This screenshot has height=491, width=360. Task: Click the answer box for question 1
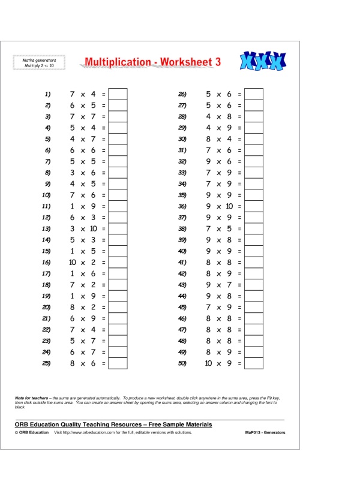118,94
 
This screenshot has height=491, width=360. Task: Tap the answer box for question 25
118,363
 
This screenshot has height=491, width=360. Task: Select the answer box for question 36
254,206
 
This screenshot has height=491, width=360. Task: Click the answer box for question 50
254,363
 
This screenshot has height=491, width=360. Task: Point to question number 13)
46,229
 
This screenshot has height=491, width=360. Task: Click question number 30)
183,139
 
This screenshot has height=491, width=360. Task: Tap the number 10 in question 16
73,263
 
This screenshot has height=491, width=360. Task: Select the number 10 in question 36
229,206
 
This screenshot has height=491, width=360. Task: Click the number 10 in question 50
209,363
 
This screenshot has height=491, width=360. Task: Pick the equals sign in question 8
103,173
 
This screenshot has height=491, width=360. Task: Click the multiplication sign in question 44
219,296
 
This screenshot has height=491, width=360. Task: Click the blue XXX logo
263,61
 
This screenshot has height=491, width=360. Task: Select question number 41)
183,263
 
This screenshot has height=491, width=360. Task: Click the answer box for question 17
118,274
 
